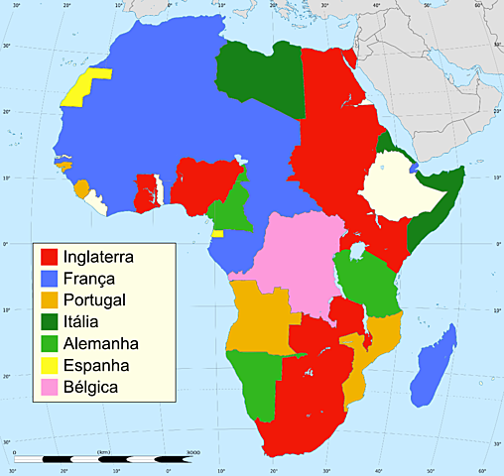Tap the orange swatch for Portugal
tap(48, 300)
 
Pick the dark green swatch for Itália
tap(48, 322)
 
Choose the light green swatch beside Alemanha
tap(48, 344)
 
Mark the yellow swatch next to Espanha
tap(48, 365)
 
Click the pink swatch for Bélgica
tap(48, 387)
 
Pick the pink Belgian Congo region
tap(298, 263)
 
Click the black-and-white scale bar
tap(109, 459)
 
